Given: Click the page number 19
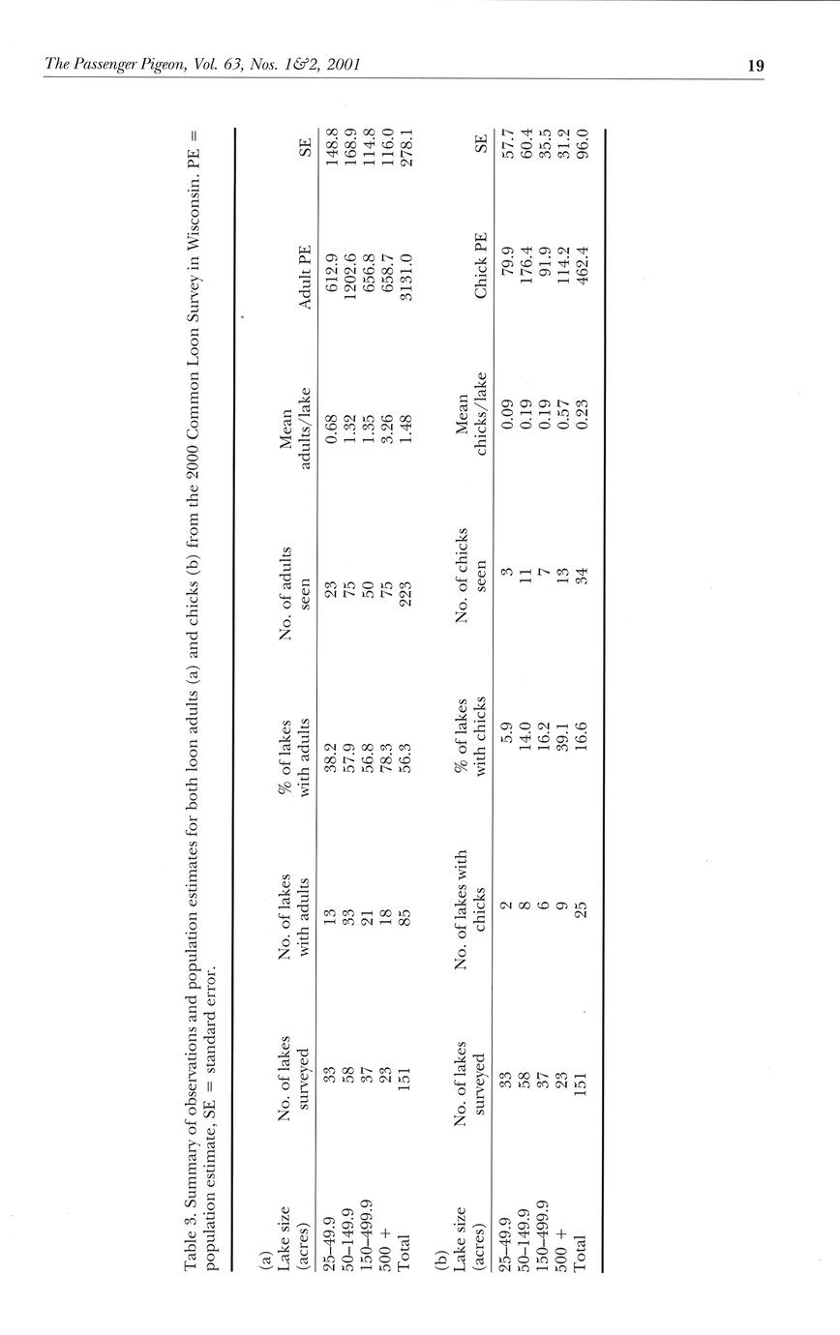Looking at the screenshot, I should (756, 66).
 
